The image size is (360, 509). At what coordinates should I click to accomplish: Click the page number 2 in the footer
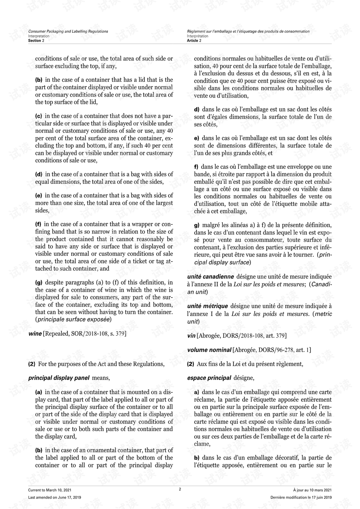click(x=180, y=489)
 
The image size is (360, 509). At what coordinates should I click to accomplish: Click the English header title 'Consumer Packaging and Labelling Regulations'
click(x=68, y=32)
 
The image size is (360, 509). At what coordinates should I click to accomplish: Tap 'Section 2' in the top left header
click(x=36, y=41)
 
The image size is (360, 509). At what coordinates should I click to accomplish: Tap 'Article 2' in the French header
click(x=194, y=41)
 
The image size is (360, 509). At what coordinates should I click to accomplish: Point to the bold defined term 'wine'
click(x=35, y=333)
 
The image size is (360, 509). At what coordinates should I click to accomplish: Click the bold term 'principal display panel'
click(x=59, y=378)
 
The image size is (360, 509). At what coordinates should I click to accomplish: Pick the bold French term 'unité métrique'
click(x=207, y=306)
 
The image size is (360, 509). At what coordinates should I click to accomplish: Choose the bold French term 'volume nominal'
click(x=209, y=350)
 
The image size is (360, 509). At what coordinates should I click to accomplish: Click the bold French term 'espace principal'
click(x=209, y=378)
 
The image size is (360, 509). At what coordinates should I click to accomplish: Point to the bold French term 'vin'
click(x=191, y=336)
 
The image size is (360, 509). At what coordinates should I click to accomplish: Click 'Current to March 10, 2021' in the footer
click(x=50, y=490)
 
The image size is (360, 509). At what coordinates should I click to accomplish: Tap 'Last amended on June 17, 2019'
click(x=55, y=497)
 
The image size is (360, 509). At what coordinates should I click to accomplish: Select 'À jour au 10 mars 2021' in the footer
click(x=312, y=490)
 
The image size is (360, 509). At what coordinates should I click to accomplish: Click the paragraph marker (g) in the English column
click(x=39, y=282)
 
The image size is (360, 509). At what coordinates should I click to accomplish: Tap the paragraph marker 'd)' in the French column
click(x=196, y=110)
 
